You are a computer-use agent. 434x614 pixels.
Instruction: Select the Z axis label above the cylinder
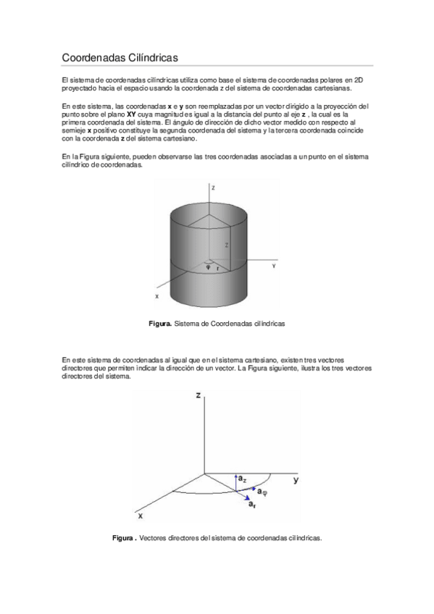point(213,187)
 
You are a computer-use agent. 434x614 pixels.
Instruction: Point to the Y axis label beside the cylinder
point(273,266)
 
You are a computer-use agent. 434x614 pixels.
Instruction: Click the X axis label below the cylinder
point(157,296)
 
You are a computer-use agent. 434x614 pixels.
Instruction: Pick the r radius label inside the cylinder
point(217,267)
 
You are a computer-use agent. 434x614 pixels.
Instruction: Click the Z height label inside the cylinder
point(226,246)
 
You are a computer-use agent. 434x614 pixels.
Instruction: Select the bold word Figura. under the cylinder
point(160,324)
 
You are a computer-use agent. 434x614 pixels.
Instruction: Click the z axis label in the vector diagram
point(198,395)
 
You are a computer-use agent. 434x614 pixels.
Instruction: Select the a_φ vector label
point(263,492)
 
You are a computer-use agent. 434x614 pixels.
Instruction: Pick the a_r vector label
point(251,504)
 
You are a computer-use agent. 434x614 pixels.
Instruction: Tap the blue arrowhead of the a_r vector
point(244,497)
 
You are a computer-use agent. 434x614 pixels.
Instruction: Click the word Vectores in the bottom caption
point(151,538)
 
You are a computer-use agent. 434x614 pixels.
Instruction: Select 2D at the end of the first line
point(359,79)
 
